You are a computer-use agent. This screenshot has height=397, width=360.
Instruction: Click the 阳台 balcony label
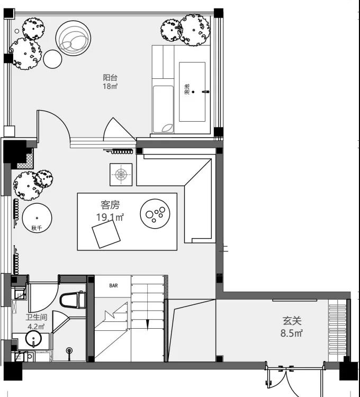(110, 77)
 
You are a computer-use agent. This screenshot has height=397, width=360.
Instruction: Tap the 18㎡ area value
(110, 86)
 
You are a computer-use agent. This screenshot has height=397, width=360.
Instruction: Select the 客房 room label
(110, 205)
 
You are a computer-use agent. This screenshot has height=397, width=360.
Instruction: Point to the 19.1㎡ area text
(110, 217)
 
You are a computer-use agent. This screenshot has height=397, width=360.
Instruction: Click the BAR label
(113, 286)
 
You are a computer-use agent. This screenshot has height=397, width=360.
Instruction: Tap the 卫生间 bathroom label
(37, 317)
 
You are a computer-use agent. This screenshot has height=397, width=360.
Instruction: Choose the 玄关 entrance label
(292, 321)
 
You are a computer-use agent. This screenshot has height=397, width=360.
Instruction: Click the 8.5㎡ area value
(292, 333)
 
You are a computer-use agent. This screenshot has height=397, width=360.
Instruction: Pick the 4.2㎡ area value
(36, 327)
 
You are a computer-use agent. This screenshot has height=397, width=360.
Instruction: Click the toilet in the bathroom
(73, 300)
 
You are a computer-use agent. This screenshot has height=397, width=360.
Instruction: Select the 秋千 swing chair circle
(37, 218)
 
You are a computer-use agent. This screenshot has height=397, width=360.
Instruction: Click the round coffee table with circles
(155, 214)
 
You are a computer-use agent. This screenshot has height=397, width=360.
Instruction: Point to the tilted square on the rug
(106, 234)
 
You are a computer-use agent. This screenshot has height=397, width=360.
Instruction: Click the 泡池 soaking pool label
(187, 89)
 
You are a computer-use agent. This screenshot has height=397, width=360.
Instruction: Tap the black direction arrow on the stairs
(148, 324)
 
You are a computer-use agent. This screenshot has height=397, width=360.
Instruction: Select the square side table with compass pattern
(121, 175)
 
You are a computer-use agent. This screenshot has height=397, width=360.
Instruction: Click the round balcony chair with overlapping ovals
(73, 38)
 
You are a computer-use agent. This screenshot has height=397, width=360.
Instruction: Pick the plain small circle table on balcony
(52, 59)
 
